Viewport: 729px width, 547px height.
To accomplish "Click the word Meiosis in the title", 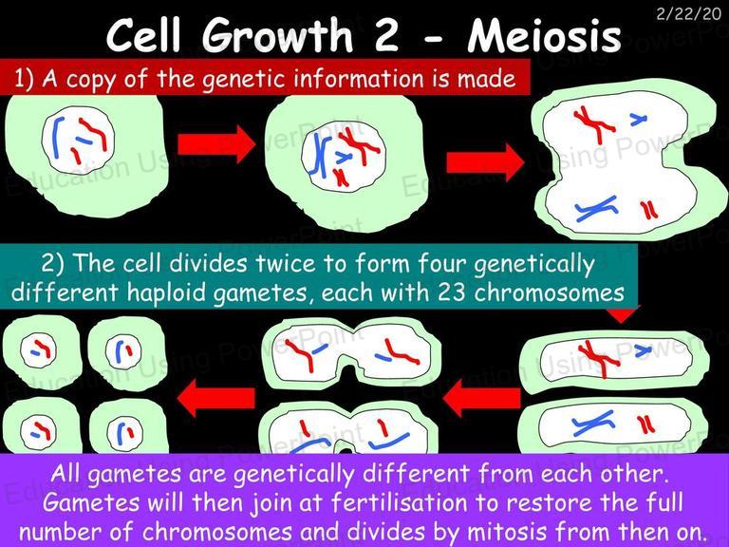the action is coord(544,36).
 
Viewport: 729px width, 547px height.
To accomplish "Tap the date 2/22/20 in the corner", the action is coord(688,14).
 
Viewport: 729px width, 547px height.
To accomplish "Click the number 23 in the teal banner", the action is coord(452,292).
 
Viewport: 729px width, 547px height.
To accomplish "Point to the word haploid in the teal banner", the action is coord(166,293).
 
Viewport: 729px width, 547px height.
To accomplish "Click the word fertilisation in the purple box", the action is coord(400,502).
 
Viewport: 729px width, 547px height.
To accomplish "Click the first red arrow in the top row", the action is coord(216,144).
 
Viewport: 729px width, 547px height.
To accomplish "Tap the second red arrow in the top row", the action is coord(485,162).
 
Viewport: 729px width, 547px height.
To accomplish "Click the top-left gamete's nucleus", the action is coord(38,349).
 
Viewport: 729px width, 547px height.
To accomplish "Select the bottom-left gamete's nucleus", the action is coord(38,431).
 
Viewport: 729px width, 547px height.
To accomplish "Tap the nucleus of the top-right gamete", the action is coord(123,351).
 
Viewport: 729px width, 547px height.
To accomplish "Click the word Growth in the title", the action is coord(277,37).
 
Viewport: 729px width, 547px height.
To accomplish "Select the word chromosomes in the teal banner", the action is coord(549,293).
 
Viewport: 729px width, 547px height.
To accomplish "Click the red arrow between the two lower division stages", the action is coord(481,398).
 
